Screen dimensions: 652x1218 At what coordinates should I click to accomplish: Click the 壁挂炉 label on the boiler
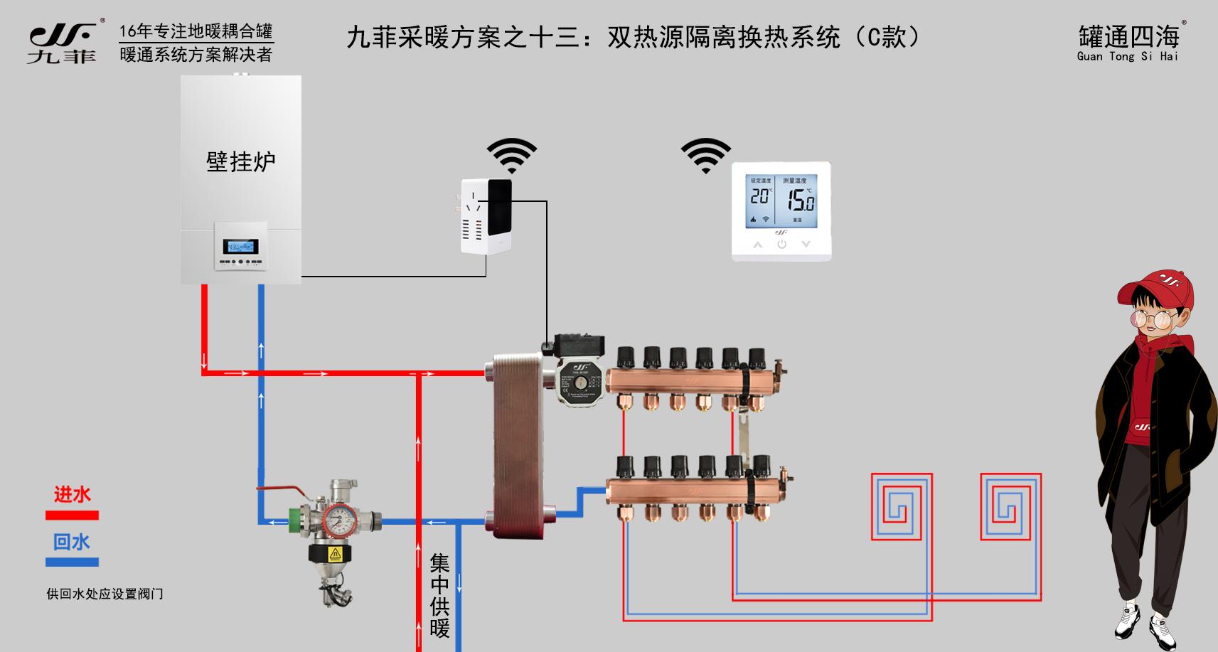click(240, 161)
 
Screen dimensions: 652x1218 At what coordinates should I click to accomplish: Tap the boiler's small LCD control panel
click(240, 247)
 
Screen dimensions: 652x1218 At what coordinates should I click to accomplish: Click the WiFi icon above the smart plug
click(511, 155)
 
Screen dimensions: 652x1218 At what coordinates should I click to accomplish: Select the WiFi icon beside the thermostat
click(705, 155)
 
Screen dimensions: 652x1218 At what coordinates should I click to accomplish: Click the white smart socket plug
click(486, 215)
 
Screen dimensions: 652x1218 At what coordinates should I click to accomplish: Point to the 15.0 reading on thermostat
click(800, 201)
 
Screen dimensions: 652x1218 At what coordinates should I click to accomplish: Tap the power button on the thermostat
click(781, 244)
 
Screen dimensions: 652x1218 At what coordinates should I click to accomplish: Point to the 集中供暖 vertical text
click(439, 596)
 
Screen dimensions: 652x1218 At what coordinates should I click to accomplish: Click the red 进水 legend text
click(72, 494)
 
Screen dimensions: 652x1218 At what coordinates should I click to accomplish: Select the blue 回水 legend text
click(72, 542)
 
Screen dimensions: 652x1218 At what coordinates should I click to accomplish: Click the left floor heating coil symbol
click(901, 507)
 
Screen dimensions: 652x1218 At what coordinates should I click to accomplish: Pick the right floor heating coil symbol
click(1010, 506)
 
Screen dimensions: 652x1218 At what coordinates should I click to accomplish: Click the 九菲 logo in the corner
click(62, 43)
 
